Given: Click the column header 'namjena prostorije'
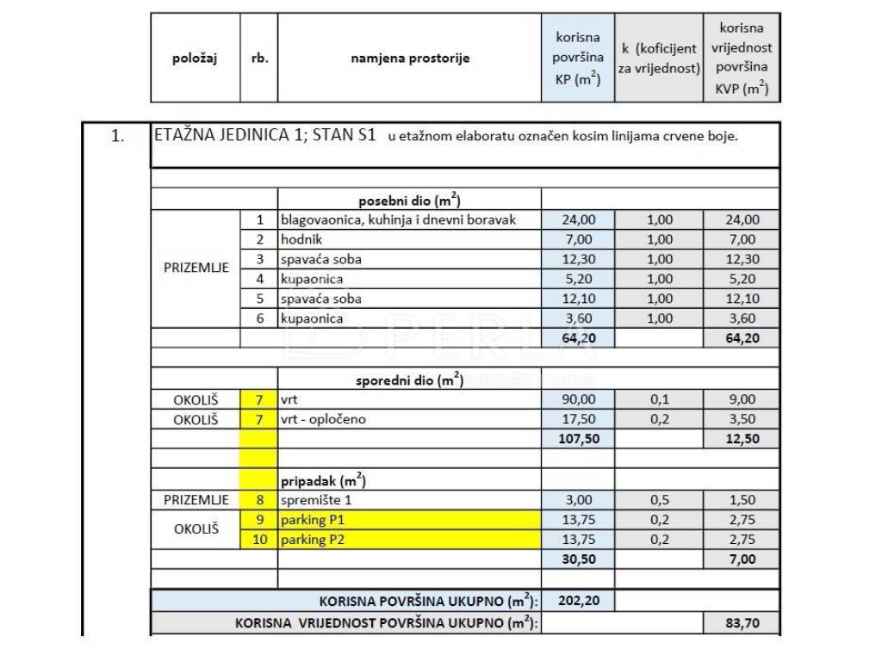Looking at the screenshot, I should tap(410, 59).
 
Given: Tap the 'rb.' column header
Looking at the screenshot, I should tap(259, 59).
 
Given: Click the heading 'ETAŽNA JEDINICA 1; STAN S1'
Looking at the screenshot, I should tap(264, 136).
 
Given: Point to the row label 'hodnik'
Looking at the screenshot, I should tap(301, 239).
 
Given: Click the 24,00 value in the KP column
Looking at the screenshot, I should tap(578, 219).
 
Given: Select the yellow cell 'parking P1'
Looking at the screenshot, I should tap(410, 520).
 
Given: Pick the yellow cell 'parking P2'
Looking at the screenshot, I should tap(410, 540).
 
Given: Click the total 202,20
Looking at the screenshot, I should tap(578, 600).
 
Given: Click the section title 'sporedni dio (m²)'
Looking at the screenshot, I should tap(410, 380).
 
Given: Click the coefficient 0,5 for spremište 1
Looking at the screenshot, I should tap(660, 500).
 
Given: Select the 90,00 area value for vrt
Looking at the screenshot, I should tap(578, 399).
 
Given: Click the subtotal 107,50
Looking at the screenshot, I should tap(578, 439).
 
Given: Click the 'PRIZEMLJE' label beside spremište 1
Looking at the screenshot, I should tap(196, 500).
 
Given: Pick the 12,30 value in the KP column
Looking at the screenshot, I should tap(578, 259).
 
